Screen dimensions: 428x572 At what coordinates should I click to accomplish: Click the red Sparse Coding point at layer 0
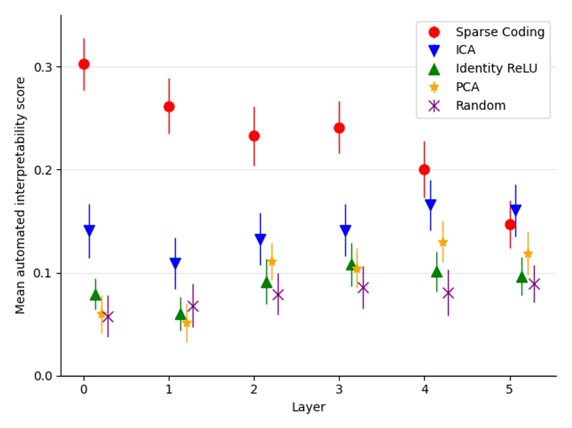[84, 64]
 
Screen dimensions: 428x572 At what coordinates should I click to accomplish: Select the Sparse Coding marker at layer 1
[169, 106]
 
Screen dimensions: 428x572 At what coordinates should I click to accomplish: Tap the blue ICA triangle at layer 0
[89, 231]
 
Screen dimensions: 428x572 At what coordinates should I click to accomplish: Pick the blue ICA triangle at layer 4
[430, 205]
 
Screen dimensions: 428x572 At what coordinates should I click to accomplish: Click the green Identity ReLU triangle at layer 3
[352, 264]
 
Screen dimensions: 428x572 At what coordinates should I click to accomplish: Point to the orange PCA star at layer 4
[443, 242]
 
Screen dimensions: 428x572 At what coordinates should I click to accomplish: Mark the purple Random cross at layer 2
[278, 294]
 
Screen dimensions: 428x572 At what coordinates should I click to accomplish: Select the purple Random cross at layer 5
[534, 284]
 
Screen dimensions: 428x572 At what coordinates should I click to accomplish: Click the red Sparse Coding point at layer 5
[510, 224]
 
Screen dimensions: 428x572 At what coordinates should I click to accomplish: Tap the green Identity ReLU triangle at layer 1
[181, 314]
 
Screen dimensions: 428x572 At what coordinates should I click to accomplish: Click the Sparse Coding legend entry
[499, 32]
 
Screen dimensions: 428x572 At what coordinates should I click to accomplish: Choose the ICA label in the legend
[466, 50]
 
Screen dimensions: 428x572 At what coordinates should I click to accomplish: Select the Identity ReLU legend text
[496, 69]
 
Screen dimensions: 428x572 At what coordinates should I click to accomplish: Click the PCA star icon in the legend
[434, 87]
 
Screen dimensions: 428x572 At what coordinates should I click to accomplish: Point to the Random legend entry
[480, 106]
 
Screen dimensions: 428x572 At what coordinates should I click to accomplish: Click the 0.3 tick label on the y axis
[44, 67]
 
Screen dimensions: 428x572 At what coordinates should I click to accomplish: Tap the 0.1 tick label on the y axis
[44, 273]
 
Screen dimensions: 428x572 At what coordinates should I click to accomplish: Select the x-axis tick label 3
[339, 390]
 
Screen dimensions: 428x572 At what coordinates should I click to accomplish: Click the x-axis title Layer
[308, 407]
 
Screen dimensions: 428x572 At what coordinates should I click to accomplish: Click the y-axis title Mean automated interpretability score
[21, 195]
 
